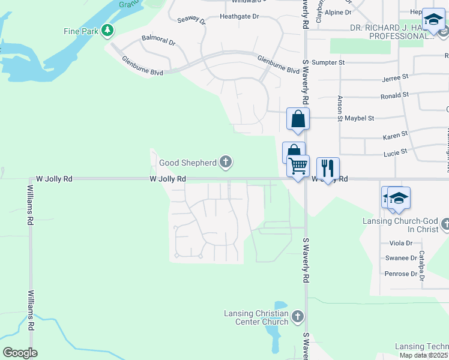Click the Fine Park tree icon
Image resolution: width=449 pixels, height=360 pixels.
(x=107, y=30)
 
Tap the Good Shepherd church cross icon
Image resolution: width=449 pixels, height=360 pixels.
(x=226, y=161)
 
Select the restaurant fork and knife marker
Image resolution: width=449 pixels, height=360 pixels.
(x=328, y=167)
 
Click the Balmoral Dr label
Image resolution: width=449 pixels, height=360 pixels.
(x=158, y=43)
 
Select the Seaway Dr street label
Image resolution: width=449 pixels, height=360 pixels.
(x=191, y=20)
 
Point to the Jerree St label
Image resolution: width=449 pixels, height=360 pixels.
(x=395, y=78)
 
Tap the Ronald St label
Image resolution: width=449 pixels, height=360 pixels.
(x=394, y=95)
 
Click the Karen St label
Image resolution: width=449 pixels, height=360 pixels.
(x=395, y=134)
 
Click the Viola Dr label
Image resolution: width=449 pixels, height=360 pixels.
(x=401, y=243)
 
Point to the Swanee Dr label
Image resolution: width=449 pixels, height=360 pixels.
(x=401, y=258)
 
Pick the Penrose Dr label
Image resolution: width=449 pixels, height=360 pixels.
(x=400, y=274)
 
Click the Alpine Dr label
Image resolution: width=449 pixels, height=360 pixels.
(x=338, y=12)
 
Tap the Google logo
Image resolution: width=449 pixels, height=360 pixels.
(x=20, y=352)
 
